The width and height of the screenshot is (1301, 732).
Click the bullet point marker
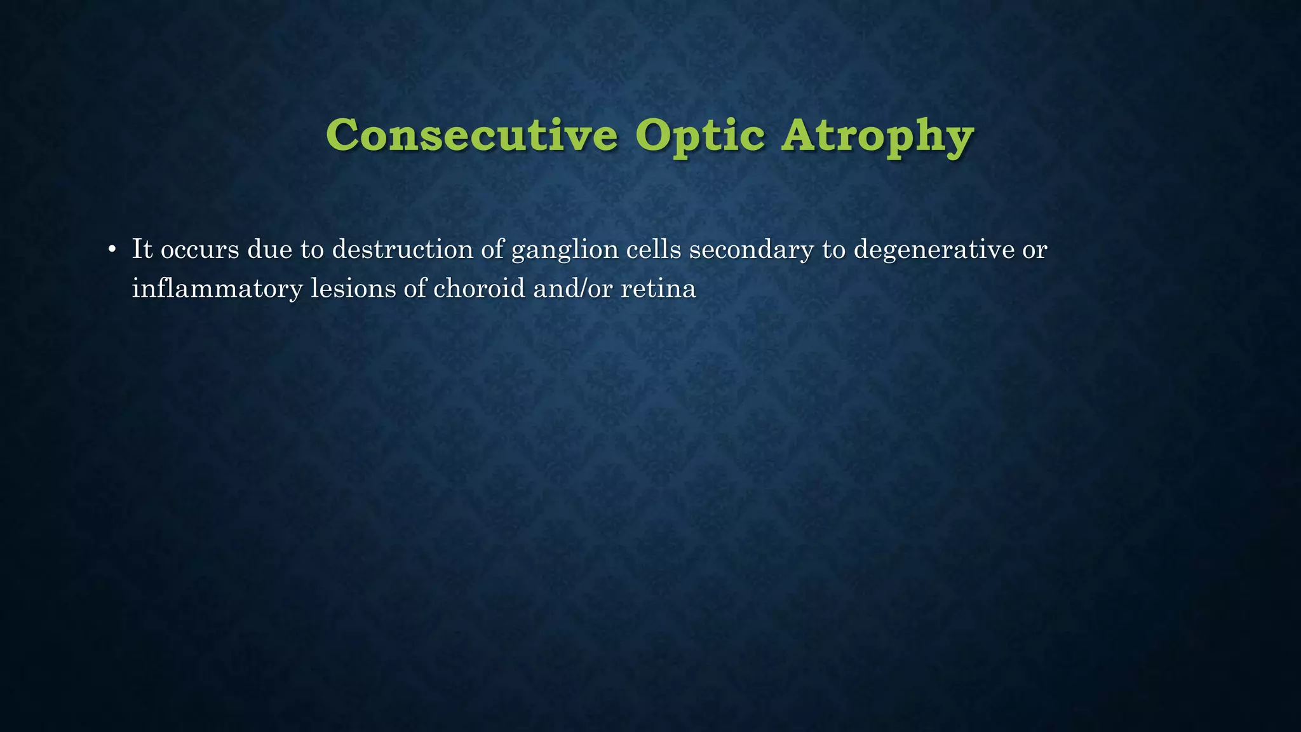point(112,250)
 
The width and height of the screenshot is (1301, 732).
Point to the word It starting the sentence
point(142,249)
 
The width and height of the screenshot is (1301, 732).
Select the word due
point(269,249)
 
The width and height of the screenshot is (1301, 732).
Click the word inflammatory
point(217,289)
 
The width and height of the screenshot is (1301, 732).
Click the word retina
point(658,288)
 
